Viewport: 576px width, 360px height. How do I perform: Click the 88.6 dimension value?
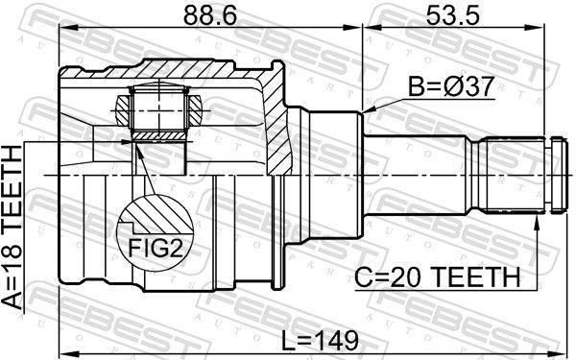(209, 15)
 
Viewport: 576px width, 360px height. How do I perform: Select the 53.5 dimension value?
(452, 15)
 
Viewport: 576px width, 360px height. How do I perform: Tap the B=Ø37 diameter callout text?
(451, 87)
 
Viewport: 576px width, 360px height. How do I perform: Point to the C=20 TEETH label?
(437, 277)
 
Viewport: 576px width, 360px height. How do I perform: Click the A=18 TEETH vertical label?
(12, 228)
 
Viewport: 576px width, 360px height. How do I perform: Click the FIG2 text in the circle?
(155, 248)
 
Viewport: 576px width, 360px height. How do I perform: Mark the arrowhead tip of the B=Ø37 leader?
(362, 112)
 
